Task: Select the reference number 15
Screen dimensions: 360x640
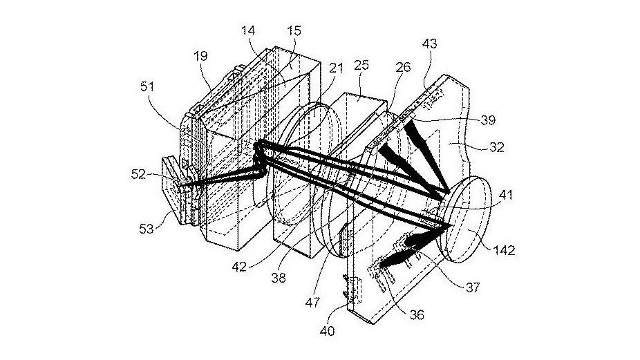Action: (x=294, y=31)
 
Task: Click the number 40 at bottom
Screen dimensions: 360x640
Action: (x=328, y=331)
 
